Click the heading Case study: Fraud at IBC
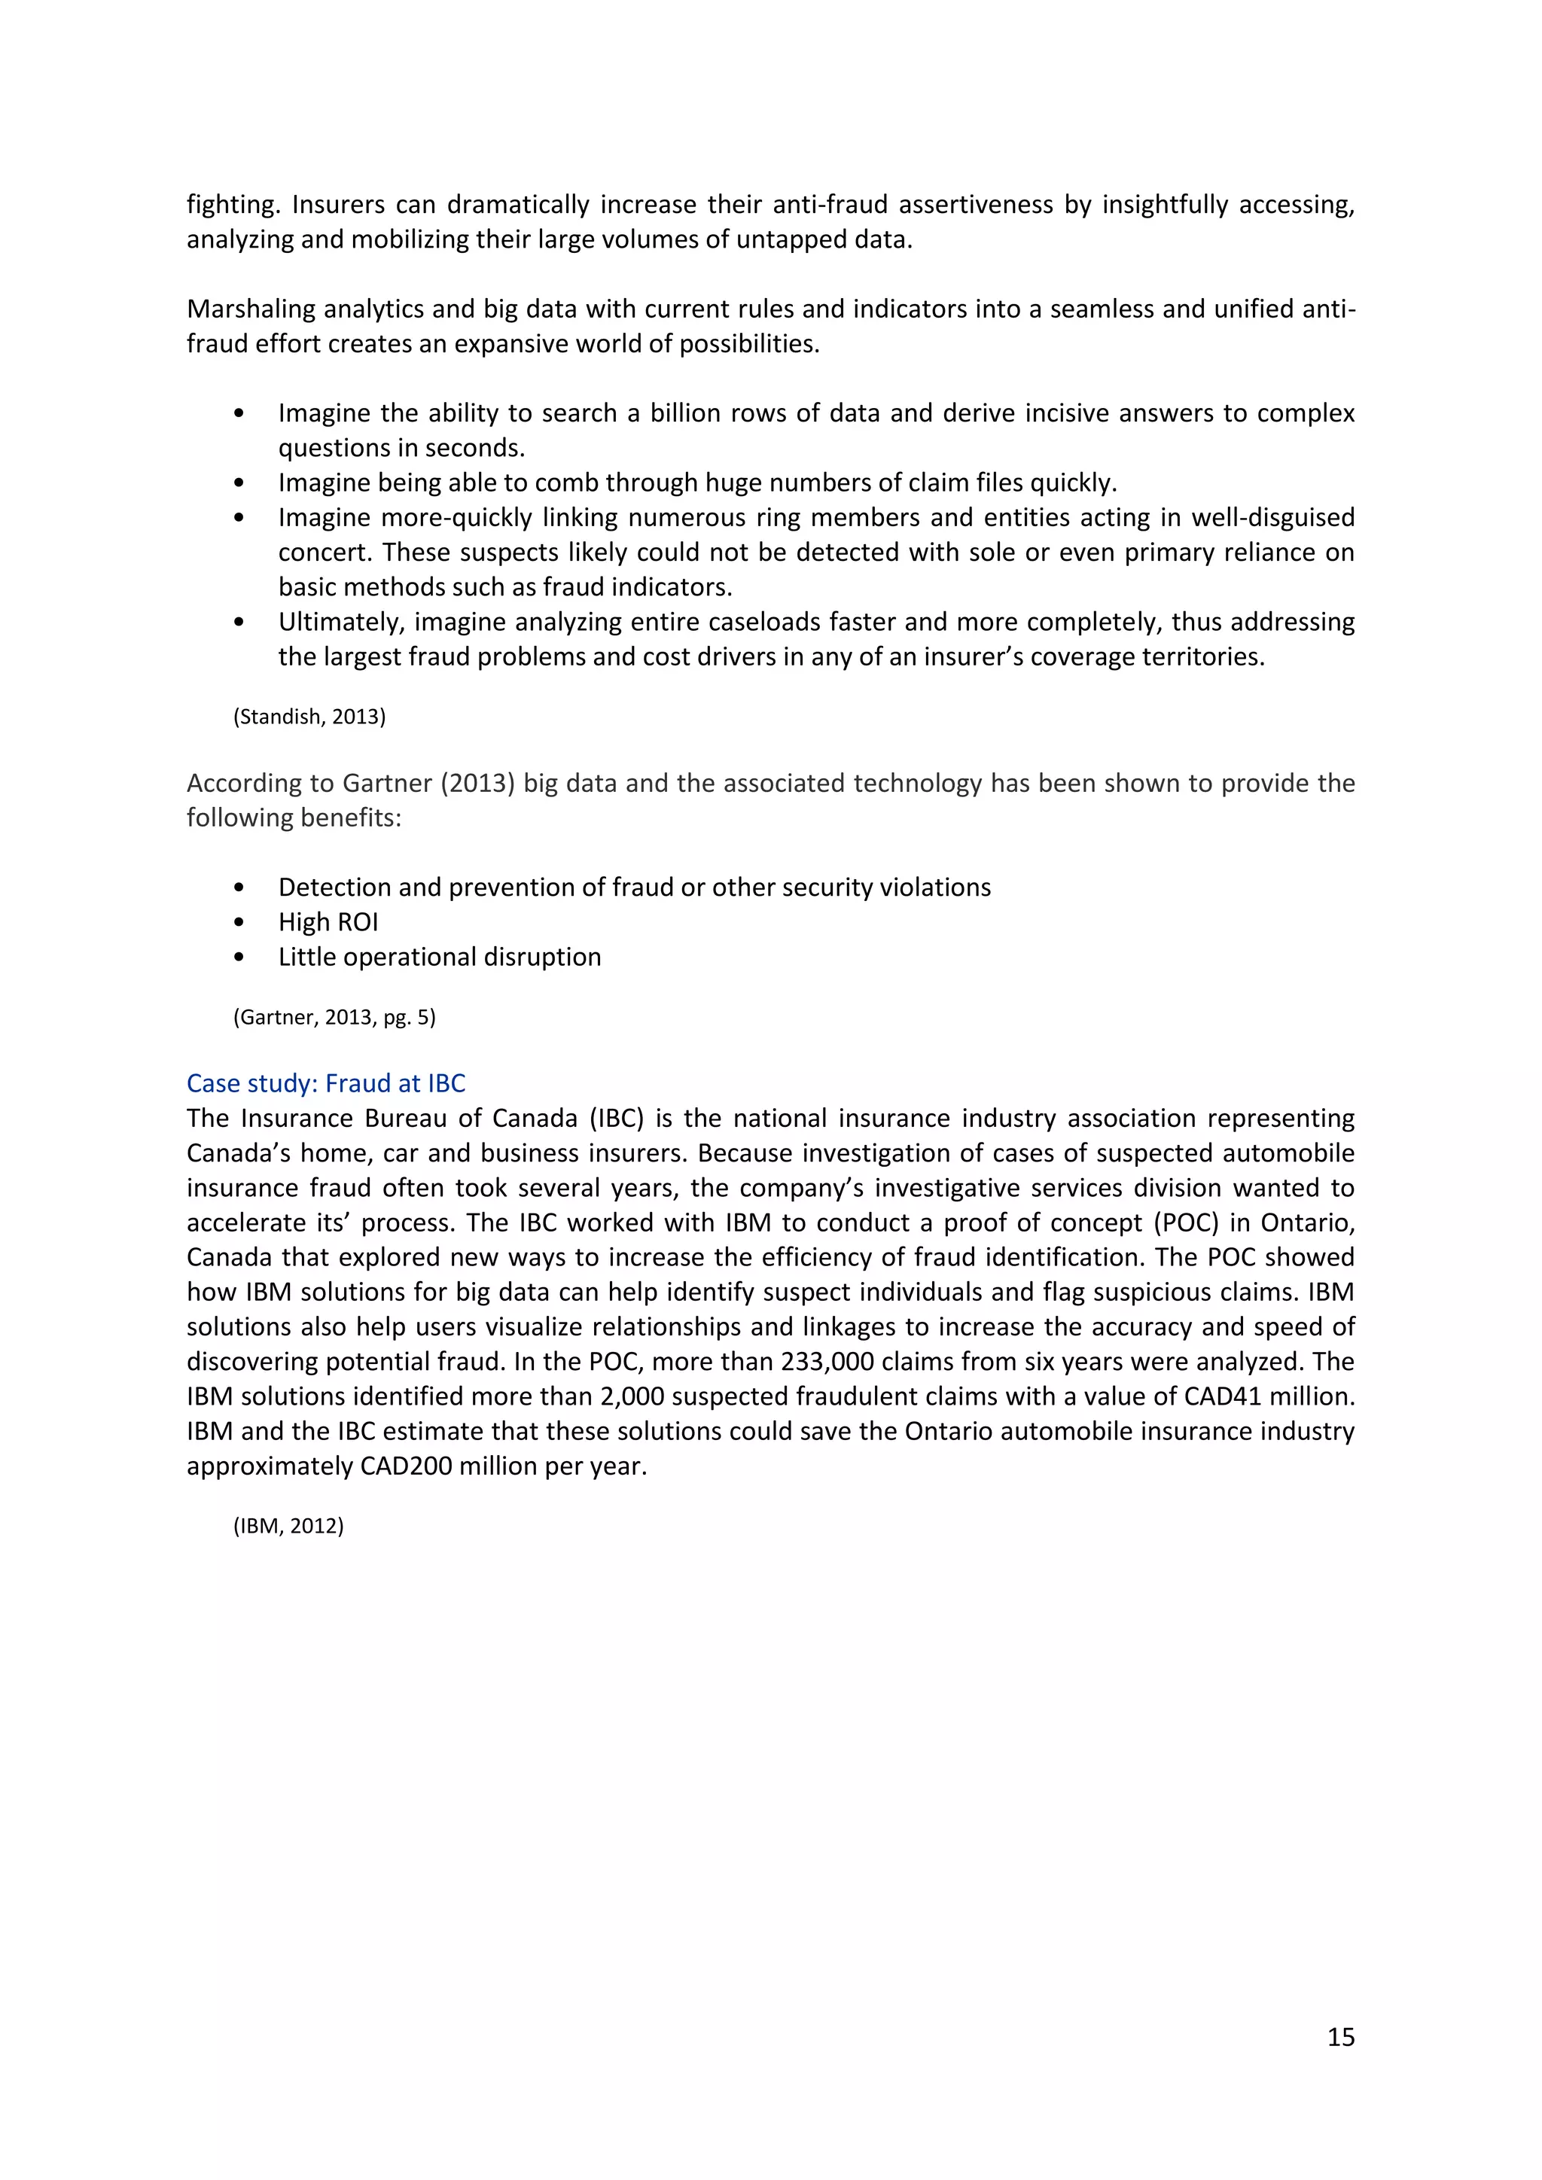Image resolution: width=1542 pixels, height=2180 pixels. coord(326,1083)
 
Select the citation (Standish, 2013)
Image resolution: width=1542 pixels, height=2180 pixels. coord(309,717)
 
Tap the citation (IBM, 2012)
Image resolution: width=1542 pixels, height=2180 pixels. coord(288,1526)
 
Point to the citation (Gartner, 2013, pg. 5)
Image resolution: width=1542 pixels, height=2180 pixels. coord(334,1017)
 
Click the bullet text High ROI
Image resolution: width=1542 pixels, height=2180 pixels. coord(328,922)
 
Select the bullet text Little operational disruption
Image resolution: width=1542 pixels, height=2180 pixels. coord(440,957)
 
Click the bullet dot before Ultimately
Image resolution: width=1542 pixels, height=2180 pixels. coord(239,622)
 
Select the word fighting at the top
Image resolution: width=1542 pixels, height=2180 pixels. coord(230,205)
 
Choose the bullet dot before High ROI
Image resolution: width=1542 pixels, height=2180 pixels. coord(239,922)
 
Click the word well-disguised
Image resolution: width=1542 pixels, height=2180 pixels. coord(1272,517)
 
